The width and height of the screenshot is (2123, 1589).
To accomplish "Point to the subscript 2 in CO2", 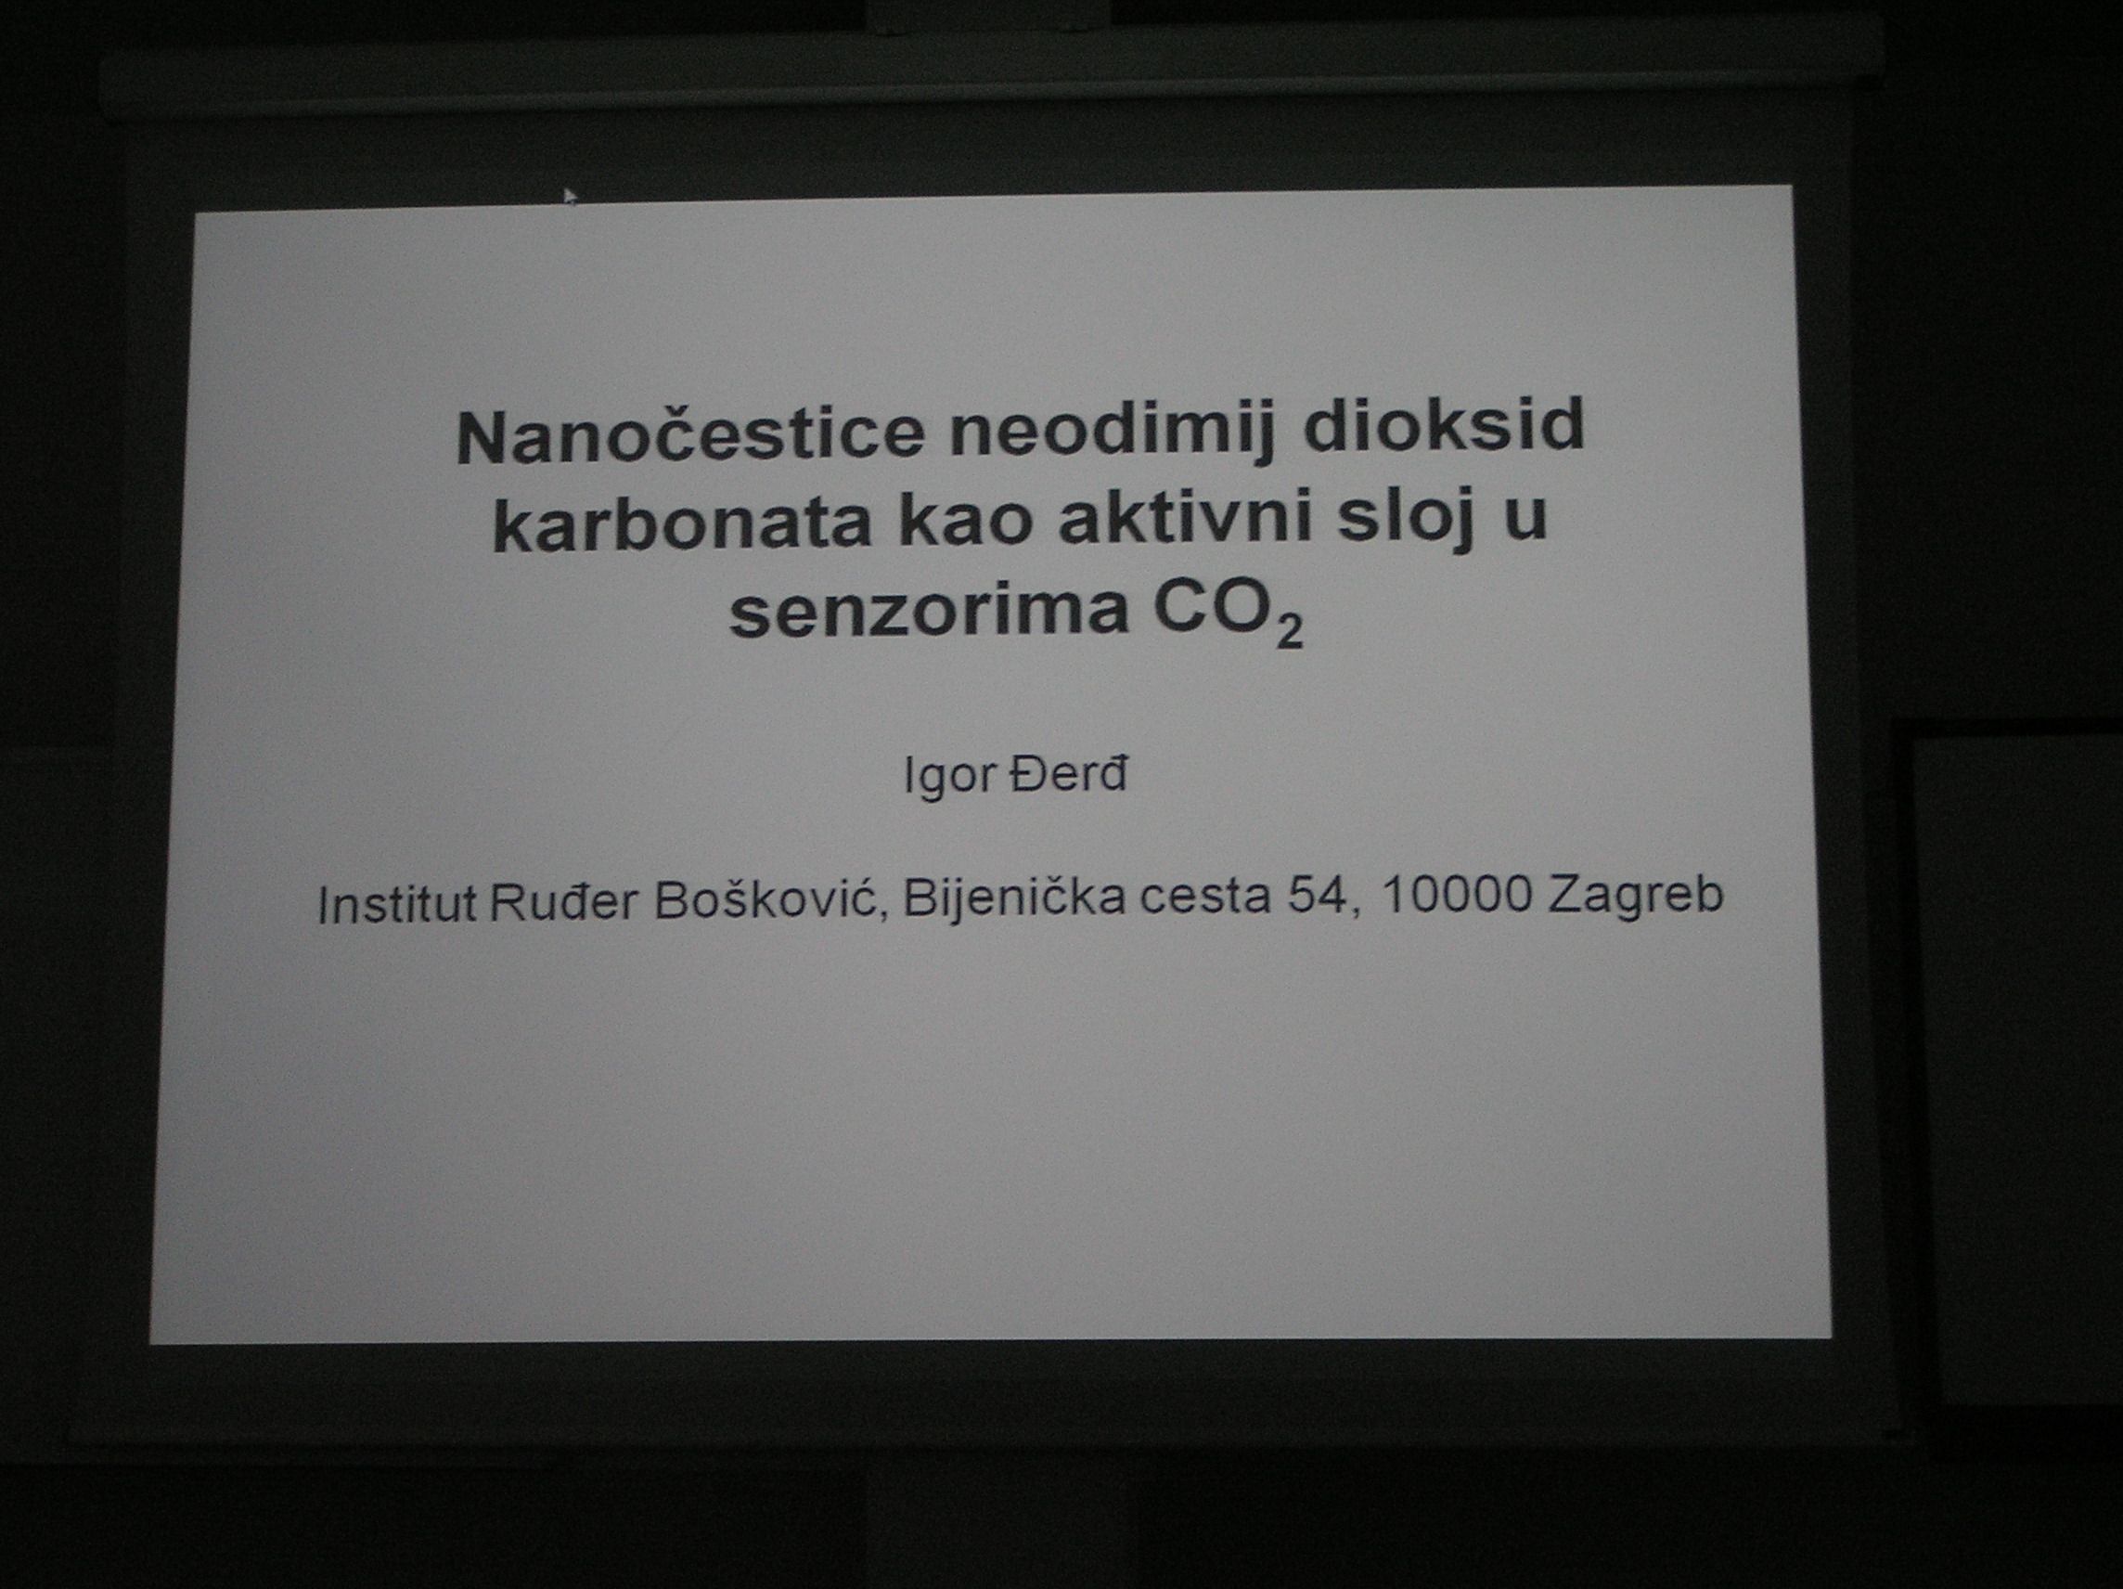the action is pos(1290,635).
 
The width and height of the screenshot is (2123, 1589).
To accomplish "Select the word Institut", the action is pos(397,903).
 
